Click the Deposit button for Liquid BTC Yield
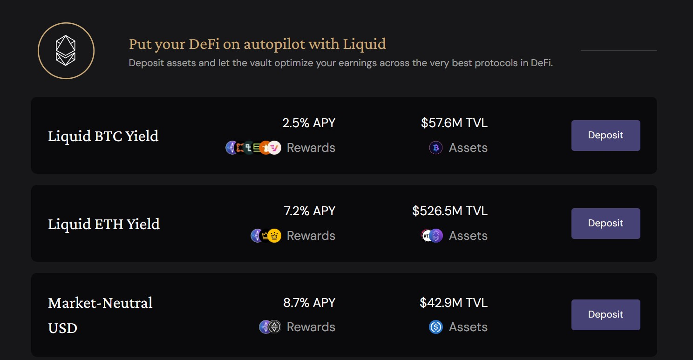click(605, 136)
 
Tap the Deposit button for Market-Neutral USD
click(605, 314)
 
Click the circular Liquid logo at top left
click(66, 51)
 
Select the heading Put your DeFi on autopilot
click(258, 44)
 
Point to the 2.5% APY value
click(309, 123)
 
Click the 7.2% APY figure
click(309, 211)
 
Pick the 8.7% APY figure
click(309, 302)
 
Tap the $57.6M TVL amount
click(454, 123)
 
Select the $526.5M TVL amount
click(450, 211)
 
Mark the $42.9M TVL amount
click(454, 302)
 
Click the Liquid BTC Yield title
click(103, 136)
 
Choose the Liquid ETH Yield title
click(104, 224)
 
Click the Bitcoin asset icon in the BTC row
click(435, 148)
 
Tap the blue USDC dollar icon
click(435, 327)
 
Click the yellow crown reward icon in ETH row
click(274, 236)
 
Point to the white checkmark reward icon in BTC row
click(274, 148)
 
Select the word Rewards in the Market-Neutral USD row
click(311, 327)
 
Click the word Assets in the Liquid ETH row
click(468, 236)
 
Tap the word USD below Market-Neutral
click(62, 328)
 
